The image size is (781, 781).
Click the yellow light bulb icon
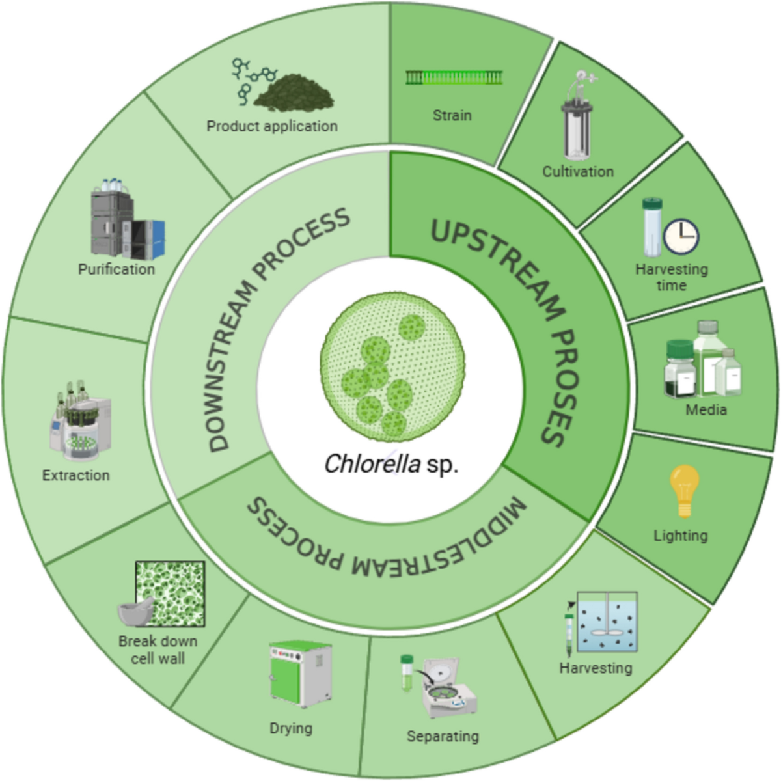(684, 490)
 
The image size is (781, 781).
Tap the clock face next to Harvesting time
(681, 236)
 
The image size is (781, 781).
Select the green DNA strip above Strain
(454, 78)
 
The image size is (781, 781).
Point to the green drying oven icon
(299, 675)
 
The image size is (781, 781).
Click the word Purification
(116, 269)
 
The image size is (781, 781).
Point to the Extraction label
(76, 475)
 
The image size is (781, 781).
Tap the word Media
(706, 409)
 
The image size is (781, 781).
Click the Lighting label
(680, 536)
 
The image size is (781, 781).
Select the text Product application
(272, 126)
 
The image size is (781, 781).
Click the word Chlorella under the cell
(372, 464)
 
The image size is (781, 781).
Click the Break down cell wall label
(158, 650)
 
